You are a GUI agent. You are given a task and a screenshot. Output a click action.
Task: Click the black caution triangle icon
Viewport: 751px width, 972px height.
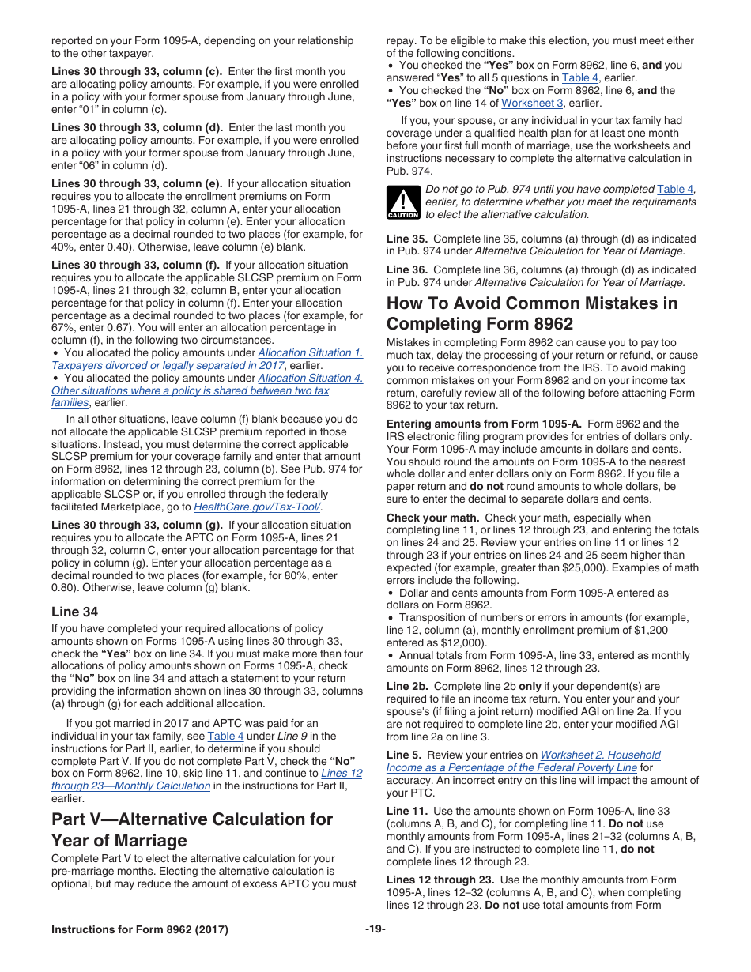coord(403,202)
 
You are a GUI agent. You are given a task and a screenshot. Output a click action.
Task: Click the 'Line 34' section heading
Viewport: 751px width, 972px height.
coord(77,611)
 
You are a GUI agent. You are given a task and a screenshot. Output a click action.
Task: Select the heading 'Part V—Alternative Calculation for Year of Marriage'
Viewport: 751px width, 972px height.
coord(192,829)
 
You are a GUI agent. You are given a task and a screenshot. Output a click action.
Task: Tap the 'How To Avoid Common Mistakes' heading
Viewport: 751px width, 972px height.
coord(531,313)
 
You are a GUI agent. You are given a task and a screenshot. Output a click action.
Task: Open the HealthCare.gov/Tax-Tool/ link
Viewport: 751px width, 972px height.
coord(257,507)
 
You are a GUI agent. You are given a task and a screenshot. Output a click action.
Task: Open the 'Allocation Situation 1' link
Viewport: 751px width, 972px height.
coord(310,353)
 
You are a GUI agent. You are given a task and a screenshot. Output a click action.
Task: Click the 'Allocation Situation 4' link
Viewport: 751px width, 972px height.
coord(310,378)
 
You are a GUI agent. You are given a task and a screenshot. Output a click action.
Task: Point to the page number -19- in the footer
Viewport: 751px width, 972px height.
coord(375,929)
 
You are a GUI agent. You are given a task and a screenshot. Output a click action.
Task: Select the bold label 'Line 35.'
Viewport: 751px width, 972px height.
coord(407,239)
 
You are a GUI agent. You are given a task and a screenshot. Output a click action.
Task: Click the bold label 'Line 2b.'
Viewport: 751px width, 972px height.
coord(407,686)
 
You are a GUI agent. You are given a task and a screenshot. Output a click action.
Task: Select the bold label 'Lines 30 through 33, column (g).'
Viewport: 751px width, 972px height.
coord(138,525)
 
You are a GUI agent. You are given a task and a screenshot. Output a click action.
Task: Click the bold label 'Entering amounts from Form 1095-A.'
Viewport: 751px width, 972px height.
coord(484,424)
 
